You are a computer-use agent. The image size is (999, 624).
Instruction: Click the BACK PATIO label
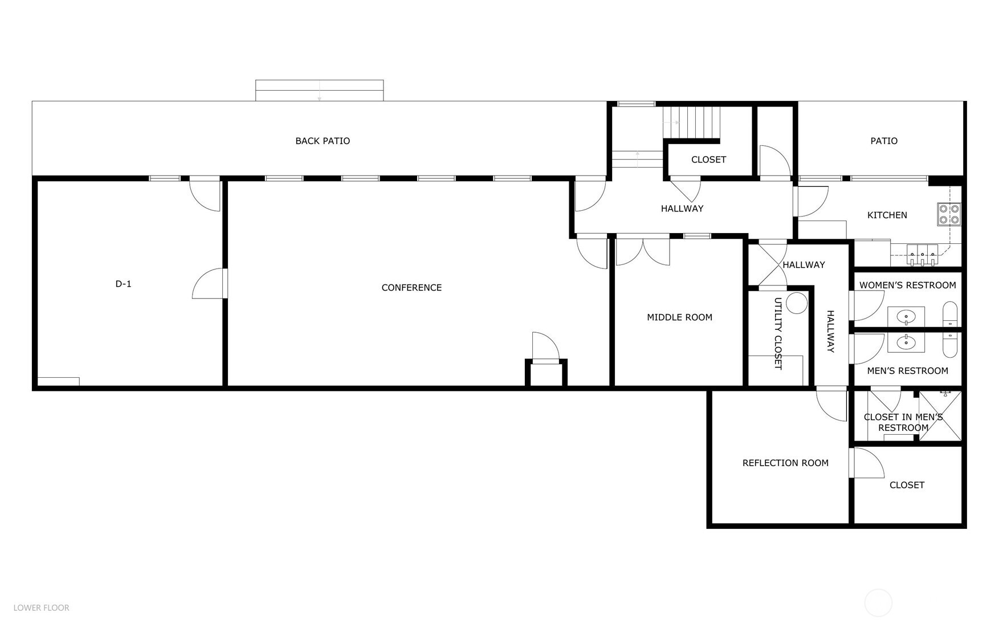[323, 141]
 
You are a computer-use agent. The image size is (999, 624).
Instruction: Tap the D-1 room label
[123, 284]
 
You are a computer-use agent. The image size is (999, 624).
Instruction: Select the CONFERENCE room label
[411, 288]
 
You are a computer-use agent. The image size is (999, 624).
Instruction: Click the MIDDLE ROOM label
[679, 317]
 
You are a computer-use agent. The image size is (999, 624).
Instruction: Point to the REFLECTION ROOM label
[785, 463]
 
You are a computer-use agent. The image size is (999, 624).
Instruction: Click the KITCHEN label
[887, 215]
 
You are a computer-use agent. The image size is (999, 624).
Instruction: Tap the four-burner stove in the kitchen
[949, 214]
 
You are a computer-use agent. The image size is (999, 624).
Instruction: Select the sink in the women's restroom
[906, 315]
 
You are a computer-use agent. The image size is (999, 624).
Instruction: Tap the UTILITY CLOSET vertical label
[778, 333]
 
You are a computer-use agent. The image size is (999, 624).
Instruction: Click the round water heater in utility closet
[796, 303]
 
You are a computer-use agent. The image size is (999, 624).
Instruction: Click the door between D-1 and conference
[210, 284]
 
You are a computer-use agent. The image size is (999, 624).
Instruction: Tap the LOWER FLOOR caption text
[42, 608]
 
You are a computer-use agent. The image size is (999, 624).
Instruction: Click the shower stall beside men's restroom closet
[939, 416]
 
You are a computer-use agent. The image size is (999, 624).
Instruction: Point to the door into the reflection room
[831, 405]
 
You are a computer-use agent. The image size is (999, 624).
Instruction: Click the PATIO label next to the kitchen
[883, 141]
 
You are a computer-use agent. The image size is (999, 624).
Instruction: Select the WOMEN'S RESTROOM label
[907, 285]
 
